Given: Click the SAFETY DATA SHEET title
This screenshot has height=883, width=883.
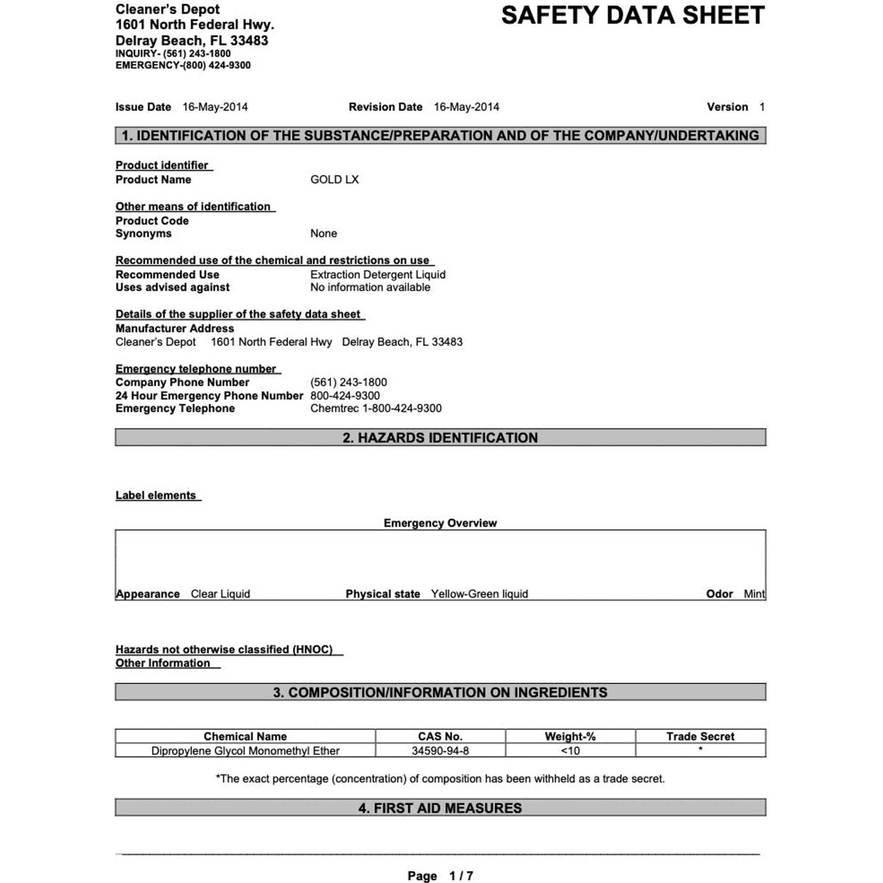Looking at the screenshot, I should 633,16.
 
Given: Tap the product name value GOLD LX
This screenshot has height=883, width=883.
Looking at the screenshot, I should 334,180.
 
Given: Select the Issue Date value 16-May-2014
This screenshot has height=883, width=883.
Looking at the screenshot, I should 215,107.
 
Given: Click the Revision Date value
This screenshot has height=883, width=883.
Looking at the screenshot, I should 466,107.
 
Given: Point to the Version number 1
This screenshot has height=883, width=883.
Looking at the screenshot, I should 762,107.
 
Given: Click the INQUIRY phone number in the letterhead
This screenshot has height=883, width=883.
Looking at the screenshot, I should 197,53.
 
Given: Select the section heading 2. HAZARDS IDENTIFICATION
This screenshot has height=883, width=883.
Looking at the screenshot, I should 440,437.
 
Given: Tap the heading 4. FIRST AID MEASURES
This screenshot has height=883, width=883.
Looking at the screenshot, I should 440,808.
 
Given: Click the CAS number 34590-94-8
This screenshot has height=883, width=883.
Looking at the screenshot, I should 440,751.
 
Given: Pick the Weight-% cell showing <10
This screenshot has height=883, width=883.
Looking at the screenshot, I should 570,751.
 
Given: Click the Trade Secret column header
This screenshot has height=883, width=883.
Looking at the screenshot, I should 700,736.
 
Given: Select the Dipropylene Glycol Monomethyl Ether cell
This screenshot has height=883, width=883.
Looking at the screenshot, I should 245,751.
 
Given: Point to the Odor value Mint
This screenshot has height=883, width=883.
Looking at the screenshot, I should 754,594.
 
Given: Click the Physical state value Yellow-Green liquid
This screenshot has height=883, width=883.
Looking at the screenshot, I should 479,594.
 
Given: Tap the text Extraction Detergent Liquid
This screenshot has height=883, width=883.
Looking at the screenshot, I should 378,275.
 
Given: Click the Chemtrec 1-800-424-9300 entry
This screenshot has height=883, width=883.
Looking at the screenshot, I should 376,408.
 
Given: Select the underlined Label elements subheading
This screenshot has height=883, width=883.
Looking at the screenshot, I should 156,495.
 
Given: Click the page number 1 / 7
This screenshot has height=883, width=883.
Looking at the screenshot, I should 461,876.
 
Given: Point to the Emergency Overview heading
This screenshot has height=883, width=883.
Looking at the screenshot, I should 440,523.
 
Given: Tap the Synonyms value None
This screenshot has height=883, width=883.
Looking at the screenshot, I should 324,234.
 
